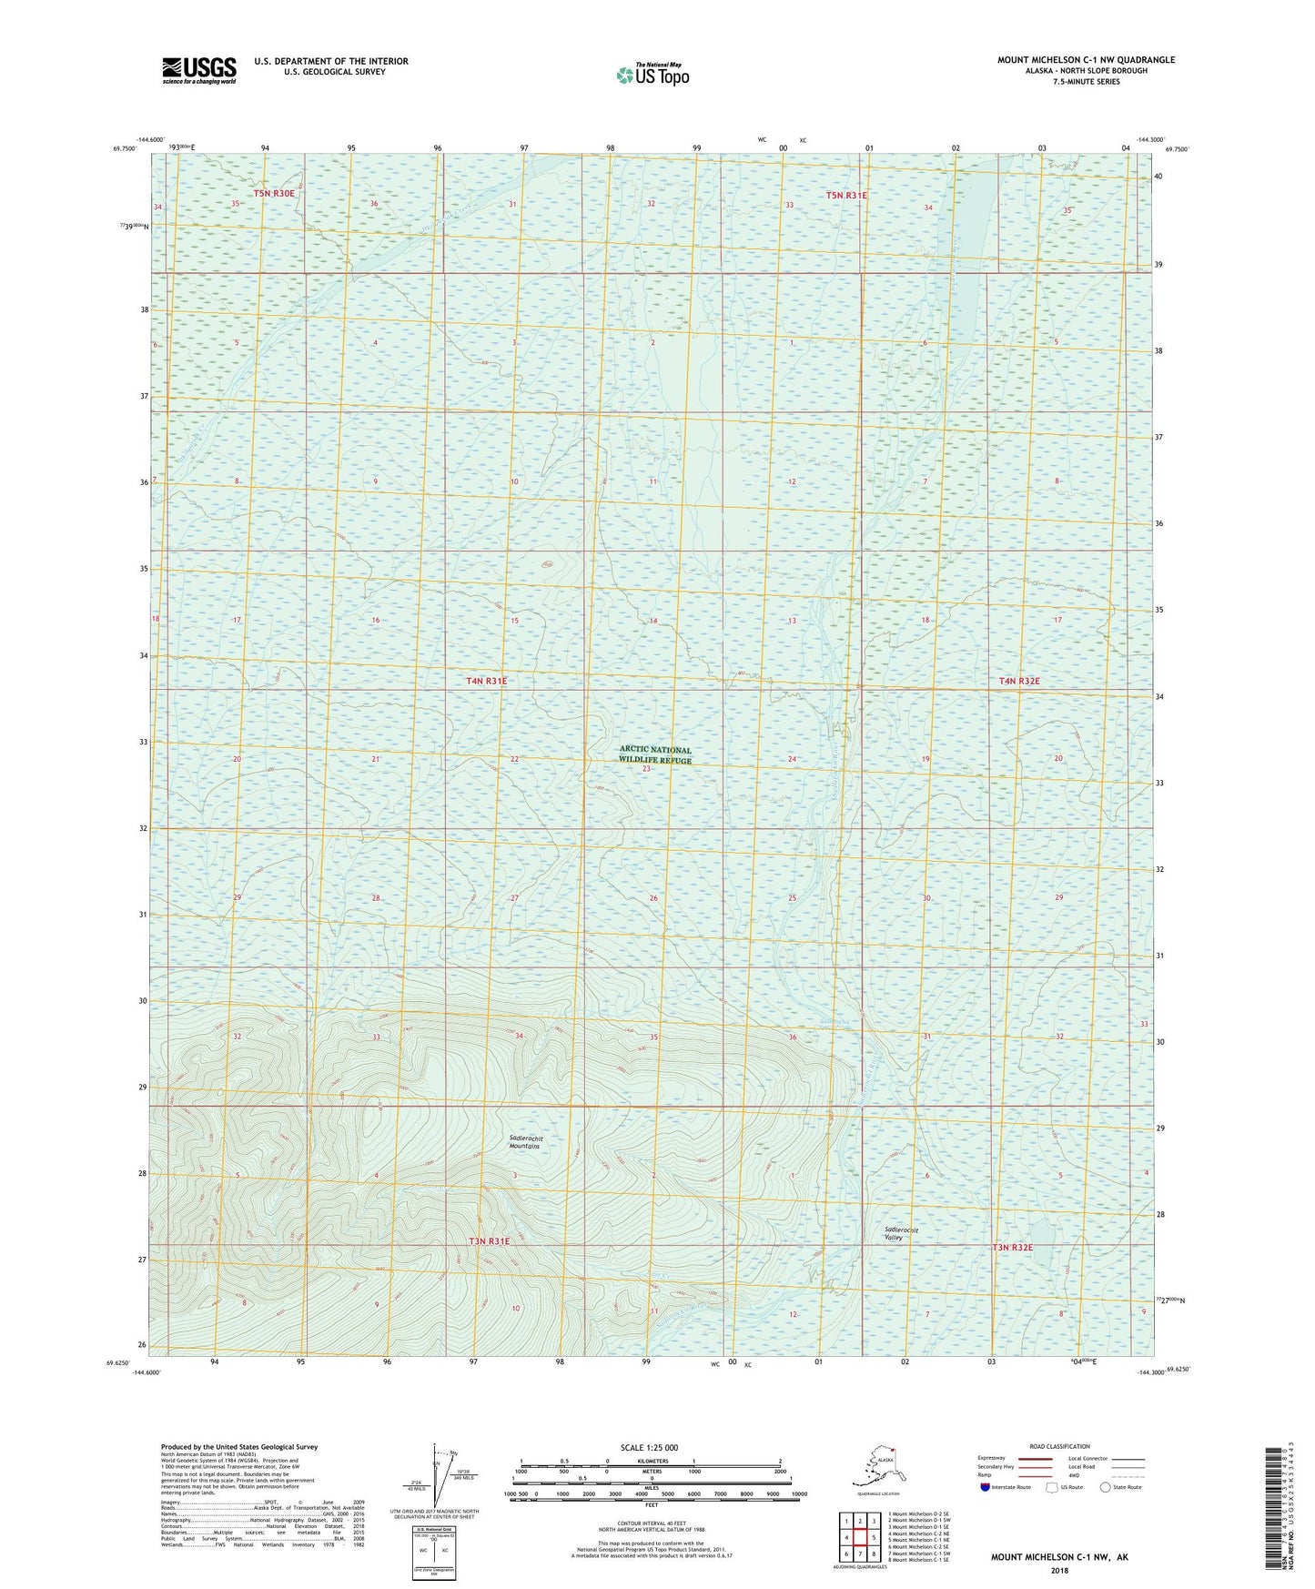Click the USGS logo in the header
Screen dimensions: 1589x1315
pos(199,69)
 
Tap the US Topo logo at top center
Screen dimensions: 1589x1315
pos(652,75)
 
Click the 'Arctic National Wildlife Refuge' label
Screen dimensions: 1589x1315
pos(654,755)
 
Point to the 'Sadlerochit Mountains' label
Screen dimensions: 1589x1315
pos(525,1142)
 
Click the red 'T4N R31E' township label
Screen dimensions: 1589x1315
pos(487,681)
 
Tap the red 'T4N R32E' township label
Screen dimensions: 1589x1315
pos(1018,681)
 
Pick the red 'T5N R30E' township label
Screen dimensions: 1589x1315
pos(274,194)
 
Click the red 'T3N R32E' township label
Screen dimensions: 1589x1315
pos(1012,1247)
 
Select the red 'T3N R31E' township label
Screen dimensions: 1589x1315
pos(490,1241)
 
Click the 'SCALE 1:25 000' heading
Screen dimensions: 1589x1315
pos(649,1448)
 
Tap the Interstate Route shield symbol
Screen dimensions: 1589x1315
pos(985,1487)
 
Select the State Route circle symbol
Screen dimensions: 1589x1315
pos(1106,1487)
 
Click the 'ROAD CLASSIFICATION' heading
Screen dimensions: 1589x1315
pos(1060,1446)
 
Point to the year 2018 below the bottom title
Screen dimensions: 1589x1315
pos(1059,1570)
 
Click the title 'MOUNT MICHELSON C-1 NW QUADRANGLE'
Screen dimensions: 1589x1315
pos(1086,60)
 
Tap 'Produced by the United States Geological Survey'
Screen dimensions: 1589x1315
pos(239,1447)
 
